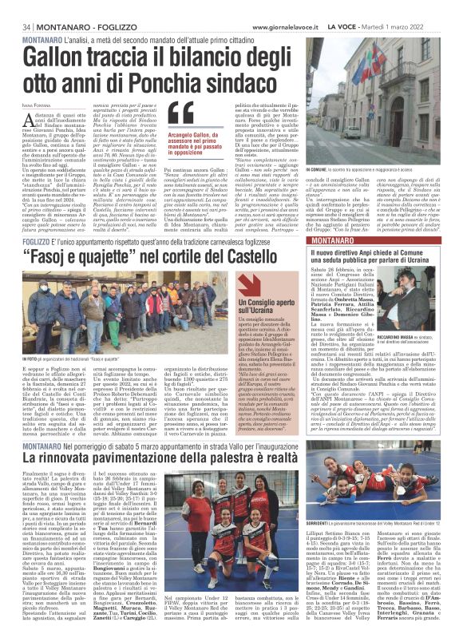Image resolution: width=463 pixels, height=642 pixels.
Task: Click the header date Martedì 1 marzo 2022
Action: [418, 7]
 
